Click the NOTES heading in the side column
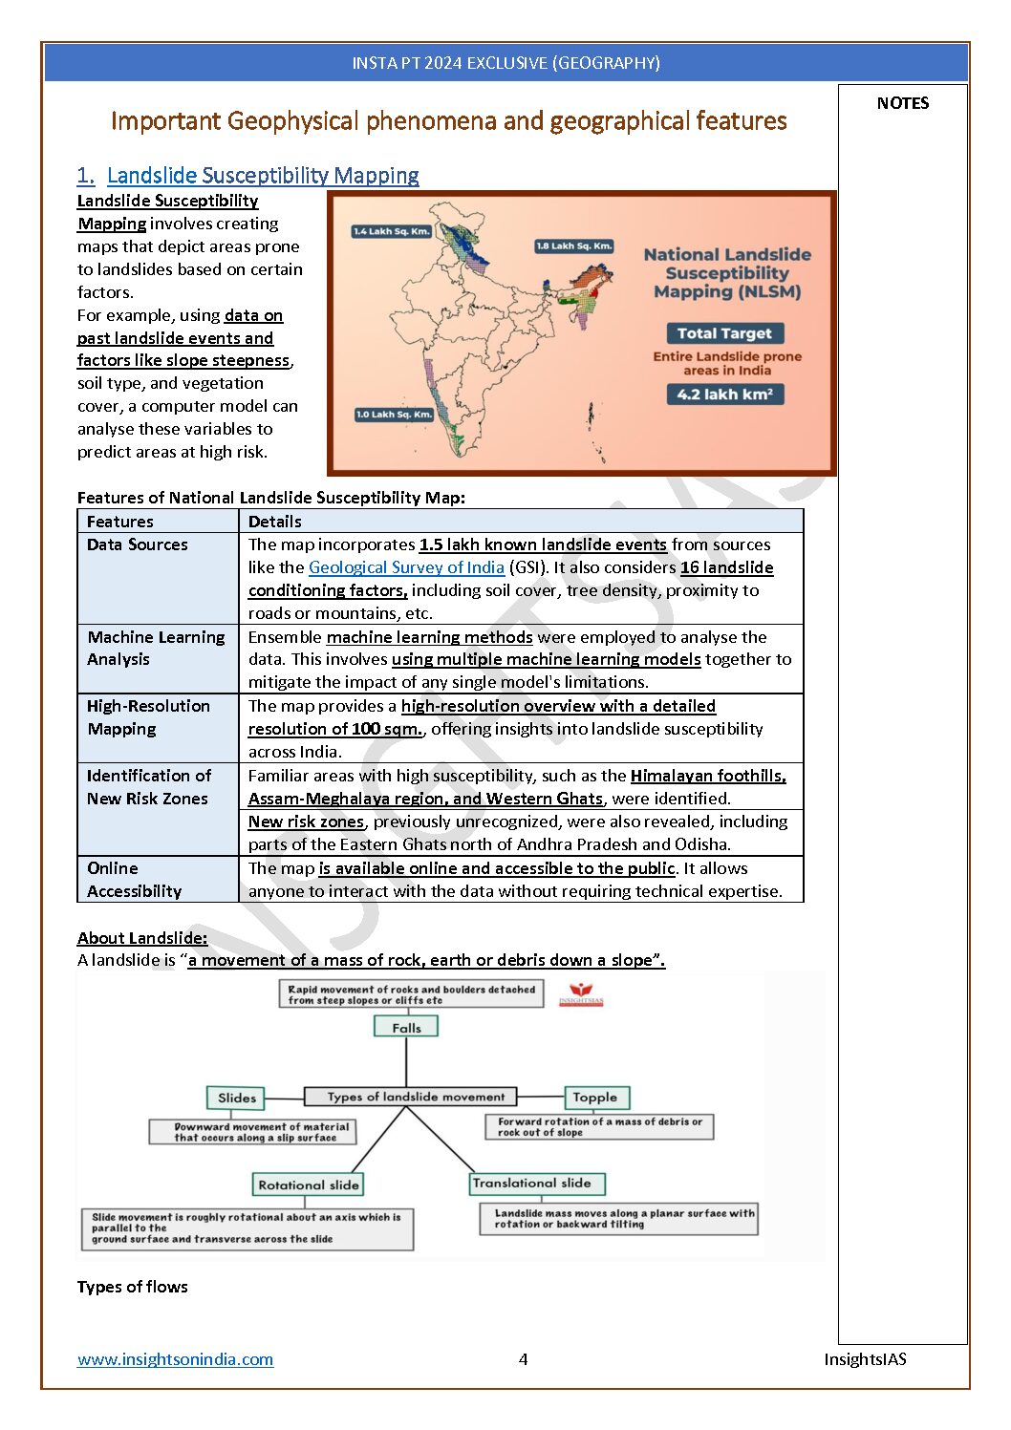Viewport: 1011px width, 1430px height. pos(902,103)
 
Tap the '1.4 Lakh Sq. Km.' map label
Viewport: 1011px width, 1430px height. pos(392,231)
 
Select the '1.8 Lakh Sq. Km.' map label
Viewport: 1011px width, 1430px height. pos(573,246)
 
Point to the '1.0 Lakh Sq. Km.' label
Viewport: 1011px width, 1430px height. pos(395,415)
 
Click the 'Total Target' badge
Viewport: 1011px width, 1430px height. pos(724,333)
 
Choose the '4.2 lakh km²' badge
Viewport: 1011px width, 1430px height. pos(724,395)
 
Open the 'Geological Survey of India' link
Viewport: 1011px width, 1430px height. pos(406,567)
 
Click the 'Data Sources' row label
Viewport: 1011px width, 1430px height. pos(138,544)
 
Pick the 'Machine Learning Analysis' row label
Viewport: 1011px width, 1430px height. pos(156,648)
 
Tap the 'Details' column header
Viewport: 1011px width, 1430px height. pos(275,522)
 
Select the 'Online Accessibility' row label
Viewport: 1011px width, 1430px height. pos(134,880)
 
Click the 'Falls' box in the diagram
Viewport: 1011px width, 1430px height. pos(406,1028)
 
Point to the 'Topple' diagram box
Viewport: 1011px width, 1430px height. pos(594,1098)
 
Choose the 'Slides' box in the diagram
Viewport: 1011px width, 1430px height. pos(237,1099)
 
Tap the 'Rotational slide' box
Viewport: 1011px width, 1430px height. pos(309,1185)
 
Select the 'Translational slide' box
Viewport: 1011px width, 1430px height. pos(531,1184)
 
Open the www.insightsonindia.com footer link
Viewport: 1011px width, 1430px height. pos(175,1359)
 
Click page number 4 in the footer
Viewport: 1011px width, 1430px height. pos(523,1359)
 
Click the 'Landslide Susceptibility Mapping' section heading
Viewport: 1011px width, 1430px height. pos(263,176)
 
